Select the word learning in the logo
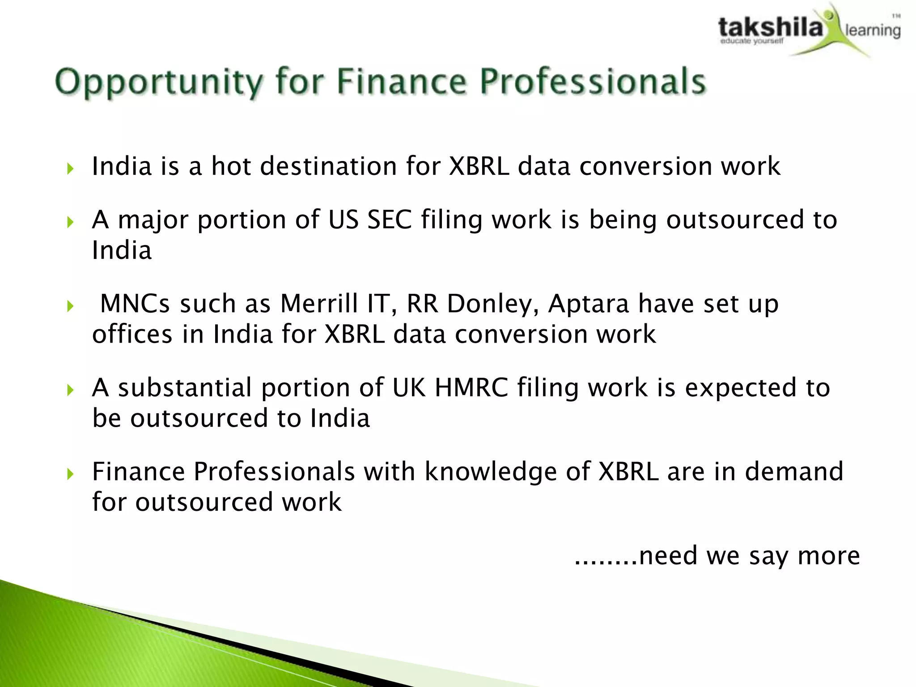click(872, 30)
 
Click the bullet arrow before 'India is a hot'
click(70, 169)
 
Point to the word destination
click(328, 166)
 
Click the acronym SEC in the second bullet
click(389, 220)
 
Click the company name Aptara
click(589, 304)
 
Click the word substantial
click(185, 387)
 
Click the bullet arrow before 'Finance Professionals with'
click(70, 474)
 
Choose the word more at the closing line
click(829, 556)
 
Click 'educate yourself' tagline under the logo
click(751, 42)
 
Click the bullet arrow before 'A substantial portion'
click(70, 390)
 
